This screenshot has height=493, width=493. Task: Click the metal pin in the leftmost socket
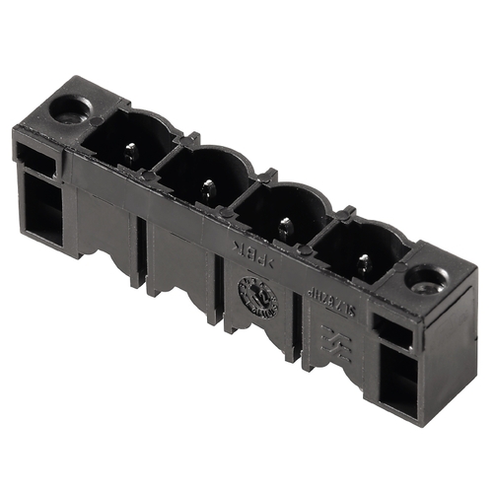click(x=130, y=152)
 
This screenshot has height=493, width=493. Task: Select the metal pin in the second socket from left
click(x=207, y=187)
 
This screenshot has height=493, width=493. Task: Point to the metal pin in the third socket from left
click(x=285, y=228)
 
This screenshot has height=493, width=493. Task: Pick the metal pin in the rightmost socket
click(x=364, y=264)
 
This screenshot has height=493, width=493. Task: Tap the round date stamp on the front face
click(x=257, y=296)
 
